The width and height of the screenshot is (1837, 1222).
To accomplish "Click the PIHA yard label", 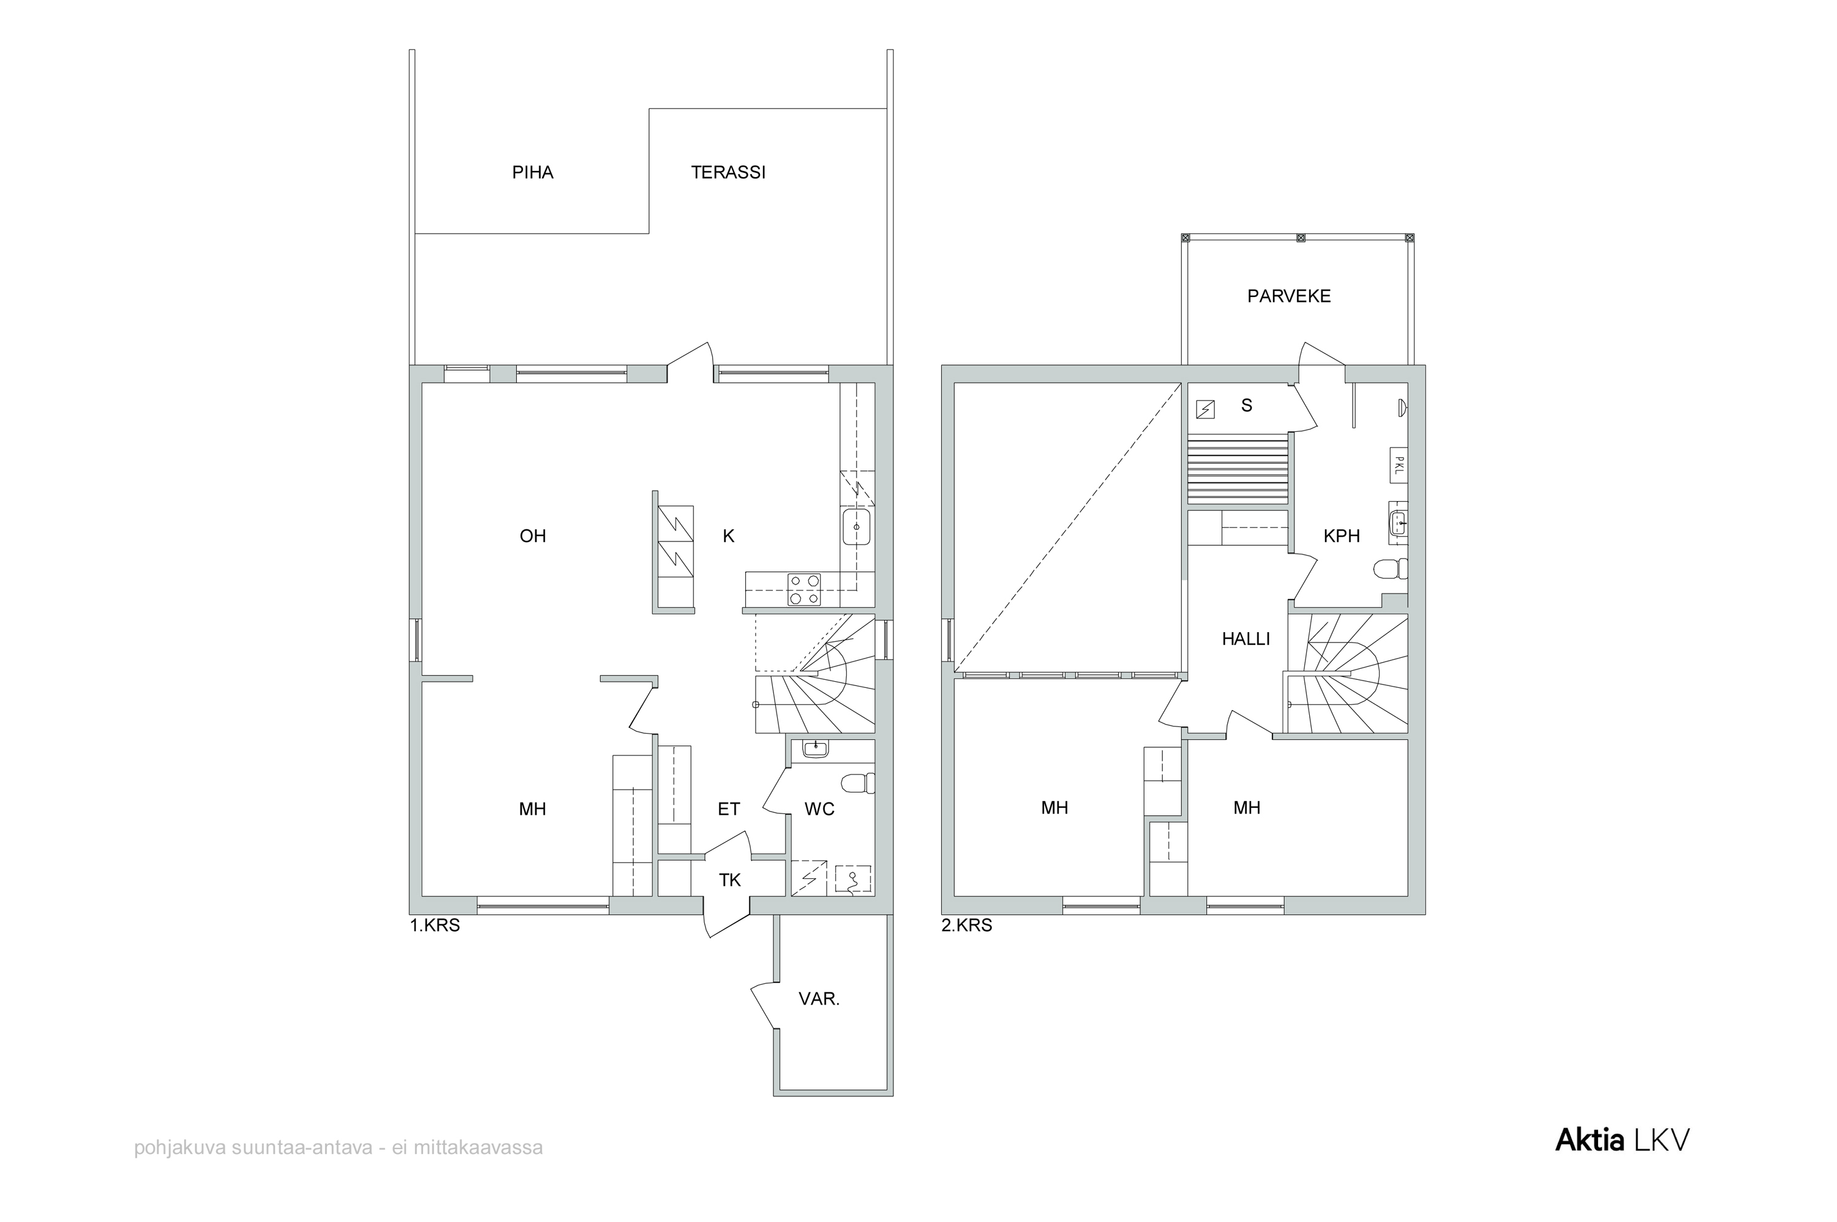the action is [x=533, y=172].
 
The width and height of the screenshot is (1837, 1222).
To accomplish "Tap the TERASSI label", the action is [x=729, y=172].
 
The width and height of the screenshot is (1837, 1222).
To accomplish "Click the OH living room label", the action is [x=533, y=536].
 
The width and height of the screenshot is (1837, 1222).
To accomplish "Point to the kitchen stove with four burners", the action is [x=805, y=590].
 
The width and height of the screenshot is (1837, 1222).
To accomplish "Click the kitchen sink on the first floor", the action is [x=856, y=527].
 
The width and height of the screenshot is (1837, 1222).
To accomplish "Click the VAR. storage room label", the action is [x=819, y=999].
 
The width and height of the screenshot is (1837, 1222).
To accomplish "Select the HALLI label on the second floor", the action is [x=1245, y=639].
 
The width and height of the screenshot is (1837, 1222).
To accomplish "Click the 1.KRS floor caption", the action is [x=435, y=927].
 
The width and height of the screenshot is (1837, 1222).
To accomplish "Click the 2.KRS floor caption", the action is [x=967, y=927].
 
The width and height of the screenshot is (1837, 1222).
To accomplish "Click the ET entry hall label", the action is [x=729, y=810].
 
